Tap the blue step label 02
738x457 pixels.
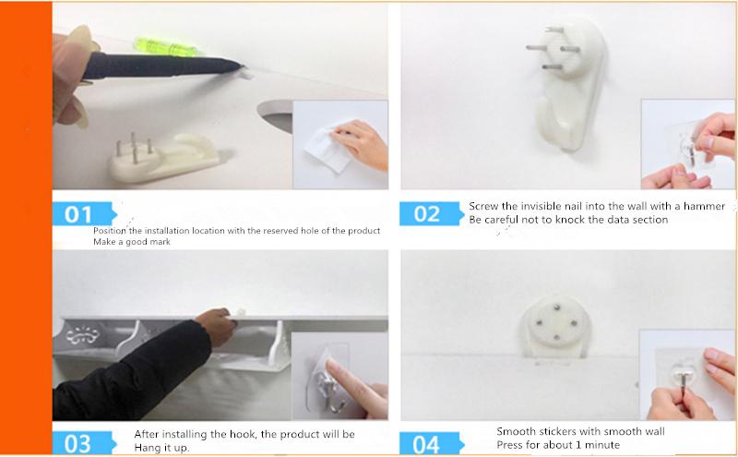pyautogui.click(x=431, y=214)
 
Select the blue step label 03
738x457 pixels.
pyautogui.click(x=84, y=443)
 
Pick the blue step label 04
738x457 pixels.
pyautogui.click(x=431, y=443)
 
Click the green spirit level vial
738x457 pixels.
pyautogui.click(x=165, y=47)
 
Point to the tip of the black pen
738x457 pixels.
pyautogui.click(x=242, y=66)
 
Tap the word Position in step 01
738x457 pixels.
pyautogui.click(x=110, y=231)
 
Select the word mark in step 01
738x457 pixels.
pyautogui.click(x=160, y=242)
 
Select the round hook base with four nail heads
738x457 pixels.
pyautogui.click(x=556, y=326)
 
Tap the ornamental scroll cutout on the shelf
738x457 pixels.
pyautogui.click(x=82, y=335)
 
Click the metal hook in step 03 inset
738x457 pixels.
pyautogui.click(x=332, y=389)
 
